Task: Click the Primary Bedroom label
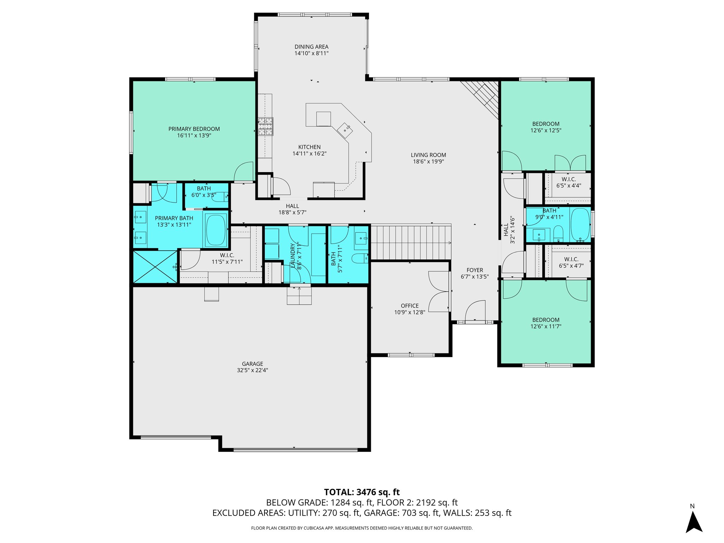(194, 129)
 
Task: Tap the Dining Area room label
(311, 47)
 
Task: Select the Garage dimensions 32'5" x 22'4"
(252, 370)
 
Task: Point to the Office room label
(410, 306)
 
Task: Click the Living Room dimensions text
(428, 162)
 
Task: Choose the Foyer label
(474, 270)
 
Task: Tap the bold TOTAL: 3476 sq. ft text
(362, 492)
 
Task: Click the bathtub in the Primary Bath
(216, 230)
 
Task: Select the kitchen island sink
(345, 130)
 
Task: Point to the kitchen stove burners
(265, 127)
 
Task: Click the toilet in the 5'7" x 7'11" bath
(360, 258)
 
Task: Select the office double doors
(439, 292)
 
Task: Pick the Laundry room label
(292, 255)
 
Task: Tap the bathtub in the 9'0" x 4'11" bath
(580, 224)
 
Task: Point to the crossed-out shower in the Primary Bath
(155, 267)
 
